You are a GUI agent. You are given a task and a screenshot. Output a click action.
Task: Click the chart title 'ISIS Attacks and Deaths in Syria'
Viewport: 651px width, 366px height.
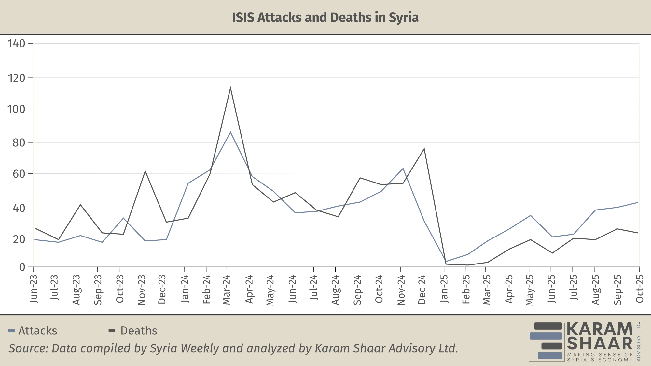click(x=325, y=18)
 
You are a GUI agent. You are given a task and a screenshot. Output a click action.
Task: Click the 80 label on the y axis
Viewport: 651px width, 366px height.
click(x=19, y=142)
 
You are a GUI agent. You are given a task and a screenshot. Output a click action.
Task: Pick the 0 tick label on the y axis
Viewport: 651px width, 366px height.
click(x=22, y=267)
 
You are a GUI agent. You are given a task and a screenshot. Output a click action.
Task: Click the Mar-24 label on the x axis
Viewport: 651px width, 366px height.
click(x=227, y=290)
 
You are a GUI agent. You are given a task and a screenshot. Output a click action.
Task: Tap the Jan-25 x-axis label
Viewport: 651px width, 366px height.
click(x=444, y=289)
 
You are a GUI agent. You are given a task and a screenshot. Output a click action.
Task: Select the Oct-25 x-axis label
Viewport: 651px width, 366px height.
click(x=640, y=289)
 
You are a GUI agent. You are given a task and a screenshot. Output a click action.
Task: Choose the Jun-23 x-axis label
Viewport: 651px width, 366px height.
click(x=34, y=289)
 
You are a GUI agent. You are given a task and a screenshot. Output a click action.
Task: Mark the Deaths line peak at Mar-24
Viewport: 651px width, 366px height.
click(x=230, y=88)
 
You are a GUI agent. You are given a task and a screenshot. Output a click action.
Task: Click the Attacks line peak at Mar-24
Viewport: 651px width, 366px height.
click(x=230, y=132)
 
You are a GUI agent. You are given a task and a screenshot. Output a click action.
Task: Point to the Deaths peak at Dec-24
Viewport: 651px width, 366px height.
click(x=424, y=149)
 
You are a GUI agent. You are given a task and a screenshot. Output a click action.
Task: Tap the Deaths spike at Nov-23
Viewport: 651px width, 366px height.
click(x=145, y=171)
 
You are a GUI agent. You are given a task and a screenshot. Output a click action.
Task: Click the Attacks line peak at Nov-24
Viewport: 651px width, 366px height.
click(x=403, y=168)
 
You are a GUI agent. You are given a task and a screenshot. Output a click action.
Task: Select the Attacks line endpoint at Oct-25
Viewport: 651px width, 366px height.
click(x=637, y=202)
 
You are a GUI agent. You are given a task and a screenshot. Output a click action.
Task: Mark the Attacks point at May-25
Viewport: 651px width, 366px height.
click(x=531, y=215)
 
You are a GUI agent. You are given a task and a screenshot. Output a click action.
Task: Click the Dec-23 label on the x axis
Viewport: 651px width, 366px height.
click(x=162, y=289)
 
